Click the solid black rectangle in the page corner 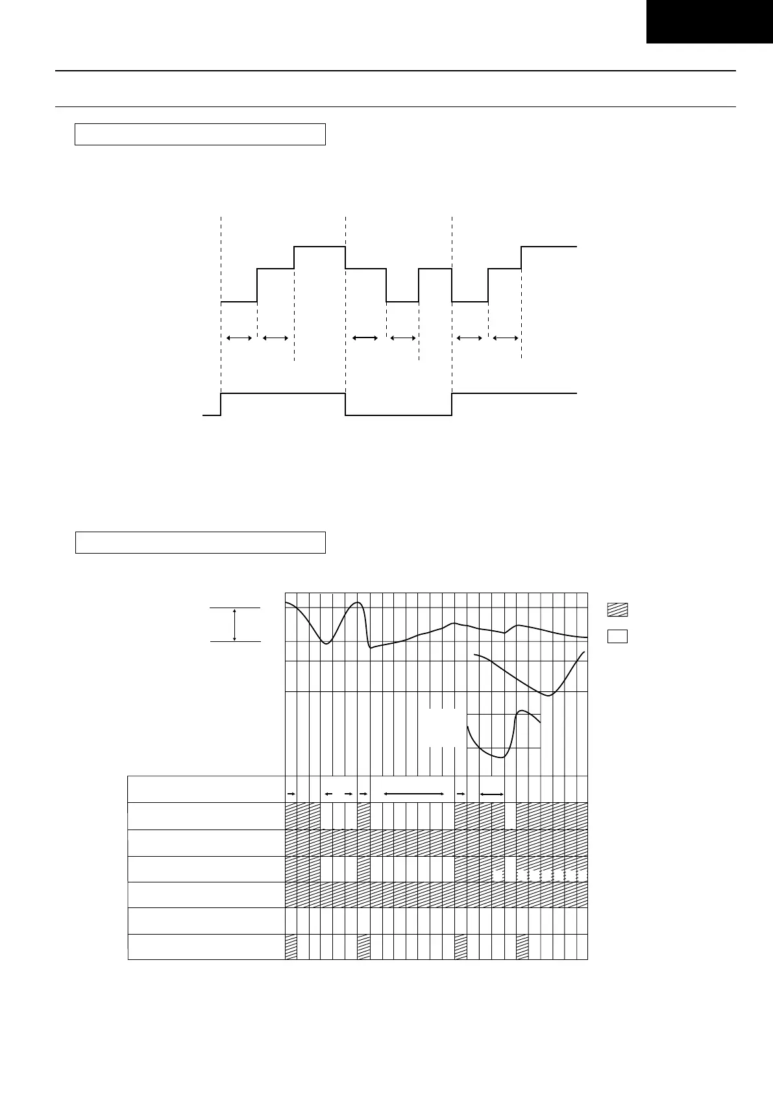[x=709, y=21]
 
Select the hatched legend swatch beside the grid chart [x=617, y=609]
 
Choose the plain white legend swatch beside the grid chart [x=617, y=636]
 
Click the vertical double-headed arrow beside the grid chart [x=234, y=624]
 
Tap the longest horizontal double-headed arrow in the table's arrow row [x=414, y=794]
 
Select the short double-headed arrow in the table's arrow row [x=492, y=794]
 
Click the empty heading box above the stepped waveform [x=200, y=134]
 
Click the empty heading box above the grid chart [x=200, y=542]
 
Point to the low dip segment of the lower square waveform [x=398, y=414]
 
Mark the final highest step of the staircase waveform [x=548, y=247]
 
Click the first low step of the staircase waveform [x=239, y=302]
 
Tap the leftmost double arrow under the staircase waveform [x=239, y=338]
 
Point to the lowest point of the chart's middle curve [x=548, y=696]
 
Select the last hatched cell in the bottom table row [x=522, y=946]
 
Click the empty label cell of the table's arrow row [x=206, y=789]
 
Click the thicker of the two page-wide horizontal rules [x=395, y=71]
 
